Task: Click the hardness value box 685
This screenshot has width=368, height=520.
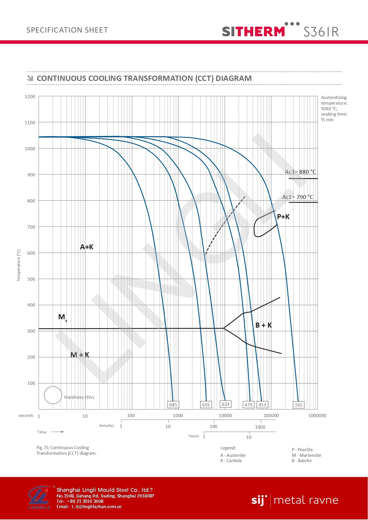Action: tap(173, 405)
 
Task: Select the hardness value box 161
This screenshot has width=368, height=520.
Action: tap(298, 405)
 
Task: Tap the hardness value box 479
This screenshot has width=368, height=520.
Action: tap(248, 405)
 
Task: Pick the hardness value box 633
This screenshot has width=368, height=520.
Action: tap(225, 404)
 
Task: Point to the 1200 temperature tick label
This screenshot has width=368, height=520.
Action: tap(30, 97)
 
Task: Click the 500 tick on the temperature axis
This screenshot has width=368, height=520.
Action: tap(31, 279)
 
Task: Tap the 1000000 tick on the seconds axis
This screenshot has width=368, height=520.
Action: tap(317, 416)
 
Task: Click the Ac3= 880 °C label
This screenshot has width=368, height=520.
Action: tap(300, 172)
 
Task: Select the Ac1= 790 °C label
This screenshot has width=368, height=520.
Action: tap(298, 197)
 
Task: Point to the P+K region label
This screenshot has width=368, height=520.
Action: tap(283, 217)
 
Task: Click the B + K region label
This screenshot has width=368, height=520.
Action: tap(264, 325)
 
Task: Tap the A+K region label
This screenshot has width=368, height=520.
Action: tap(87, 247)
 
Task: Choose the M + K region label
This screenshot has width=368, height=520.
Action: tap(80, 355)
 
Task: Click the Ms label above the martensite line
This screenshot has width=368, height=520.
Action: tap(62, 317)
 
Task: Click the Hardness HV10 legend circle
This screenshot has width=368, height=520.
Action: tap(53, 395)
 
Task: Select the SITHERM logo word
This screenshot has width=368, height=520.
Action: tap(254, 31)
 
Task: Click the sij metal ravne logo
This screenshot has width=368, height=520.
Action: tap(295, 500)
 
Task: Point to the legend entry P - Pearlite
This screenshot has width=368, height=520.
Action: tap(302, 450)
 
